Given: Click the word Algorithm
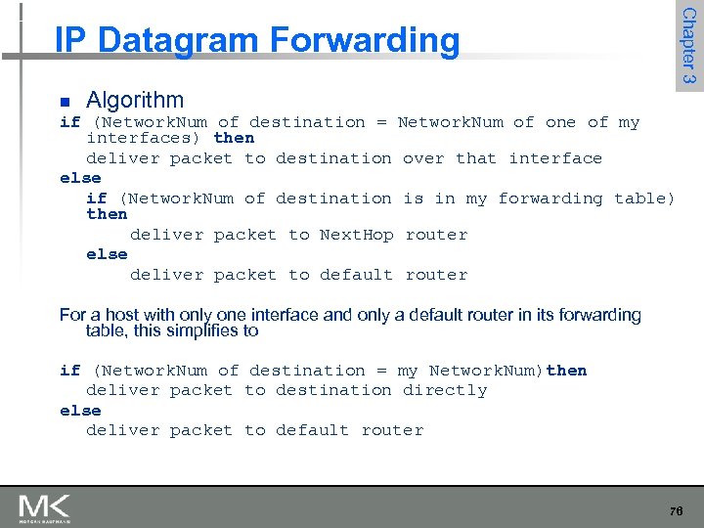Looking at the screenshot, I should pyautogui.click(x=135, y=100).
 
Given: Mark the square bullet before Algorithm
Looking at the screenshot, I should pyautogui.click(x=65, y=102).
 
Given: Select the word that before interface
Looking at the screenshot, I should pyautogui.click(x=476, y=158).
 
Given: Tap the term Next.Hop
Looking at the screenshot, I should pyautogui.click(x=357, y=235).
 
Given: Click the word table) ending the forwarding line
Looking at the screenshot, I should pyautogui.click(x=644, y=198).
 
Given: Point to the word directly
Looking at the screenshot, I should pyautogui.click(x=445, y=390).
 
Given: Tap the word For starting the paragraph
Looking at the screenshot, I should pyautogui.click(x=73, y=315).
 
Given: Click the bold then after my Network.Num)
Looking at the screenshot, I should pyautogui.click(x=567, y=371).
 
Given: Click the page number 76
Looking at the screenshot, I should pyautogui.click(x=676, y=511).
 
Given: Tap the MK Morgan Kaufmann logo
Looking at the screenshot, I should pyautogui.click(x=44, y=509).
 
